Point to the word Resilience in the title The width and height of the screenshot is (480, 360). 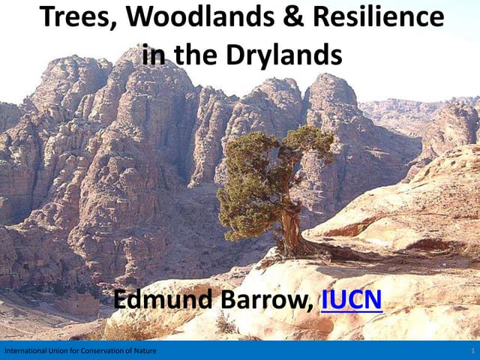[365, 17]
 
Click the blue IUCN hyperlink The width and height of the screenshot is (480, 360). [351, 300]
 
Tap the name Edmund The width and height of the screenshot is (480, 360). [162, 300]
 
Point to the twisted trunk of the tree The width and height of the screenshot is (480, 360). [291, 229]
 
